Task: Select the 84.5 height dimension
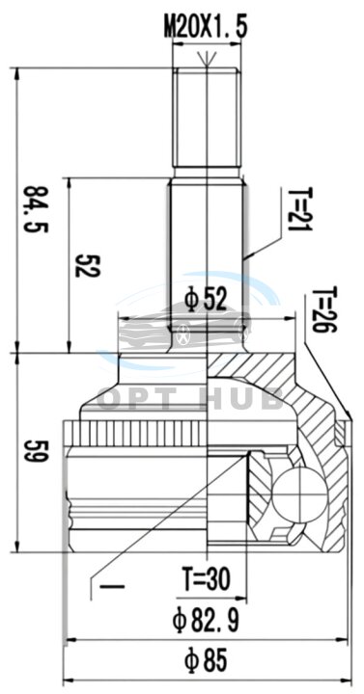click(36, 209)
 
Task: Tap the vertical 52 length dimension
click(86, 266)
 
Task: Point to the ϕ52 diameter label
click(207, 300)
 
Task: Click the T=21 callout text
click(300, 209)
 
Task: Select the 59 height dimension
click(36, 451)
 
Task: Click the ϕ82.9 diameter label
click(206, 620)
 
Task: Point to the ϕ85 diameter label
click(206, 660)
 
